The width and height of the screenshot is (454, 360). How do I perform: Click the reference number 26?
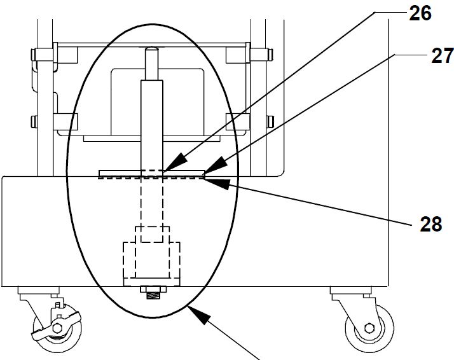pos(420,13)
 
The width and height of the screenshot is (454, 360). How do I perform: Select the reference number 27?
pos(443,56)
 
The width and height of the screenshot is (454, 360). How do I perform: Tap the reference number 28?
pos(431,224)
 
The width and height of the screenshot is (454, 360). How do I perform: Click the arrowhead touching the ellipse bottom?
pos(199,315)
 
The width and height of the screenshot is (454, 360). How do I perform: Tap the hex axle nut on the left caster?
pos(57,328)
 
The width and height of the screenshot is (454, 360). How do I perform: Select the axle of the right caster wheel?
pos(369,328)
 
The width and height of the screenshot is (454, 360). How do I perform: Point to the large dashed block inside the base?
pos(152,260)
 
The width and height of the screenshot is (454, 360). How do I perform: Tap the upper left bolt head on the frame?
pos(33,55)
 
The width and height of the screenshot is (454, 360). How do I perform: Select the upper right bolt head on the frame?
pos(271,55)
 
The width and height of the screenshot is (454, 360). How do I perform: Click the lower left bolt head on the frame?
pos(34,121)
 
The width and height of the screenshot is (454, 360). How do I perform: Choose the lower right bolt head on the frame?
pos(270,121)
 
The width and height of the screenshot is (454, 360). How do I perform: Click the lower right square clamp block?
pos(237,122)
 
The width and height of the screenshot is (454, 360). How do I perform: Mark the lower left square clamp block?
pos(65,122)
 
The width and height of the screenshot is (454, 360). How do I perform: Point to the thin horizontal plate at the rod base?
pos(152,173)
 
